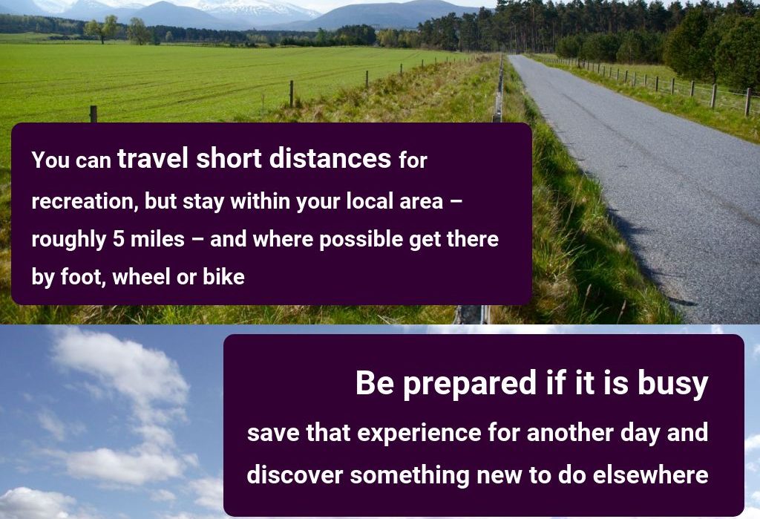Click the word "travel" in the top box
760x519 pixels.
pyautogui.click(x=153, y=158)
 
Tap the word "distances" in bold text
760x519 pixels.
pyautogui.click(x=330, y=158)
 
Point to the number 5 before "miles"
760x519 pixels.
pyautogui.click(x=118, y=239)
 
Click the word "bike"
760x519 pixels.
pyautogui.click(x=223, y=277)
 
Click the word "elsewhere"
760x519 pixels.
pyautogui.click(x=650, y=474)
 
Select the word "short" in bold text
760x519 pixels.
pyautogui.click(x=229, y=158)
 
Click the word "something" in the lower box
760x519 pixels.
pyautogui.click(x=410, y=475)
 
